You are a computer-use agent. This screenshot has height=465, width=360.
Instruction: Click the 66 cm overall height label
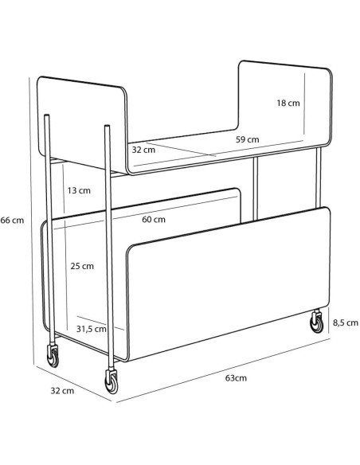coord(12,221)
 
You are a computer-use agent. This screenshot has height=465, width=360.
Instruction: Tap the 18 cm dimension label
coord(288,104)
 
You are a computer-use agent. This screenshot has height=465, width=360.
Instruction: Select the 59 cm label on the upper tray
coord(248,139)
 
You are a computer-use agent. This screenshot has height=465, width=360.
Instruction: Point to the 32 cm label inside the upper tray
coord(143,150)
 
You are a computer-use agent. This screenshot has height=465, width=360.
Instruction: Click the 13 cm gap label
coord(79,190)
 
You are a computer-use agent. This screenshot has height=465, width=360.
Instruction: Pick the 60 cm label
coord(154,220)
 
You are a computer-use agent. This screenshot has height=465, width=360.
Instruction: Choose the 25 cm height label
coord(82,266)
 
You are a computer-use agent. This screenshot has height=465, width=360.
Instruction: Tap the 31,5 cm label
coord(92,329)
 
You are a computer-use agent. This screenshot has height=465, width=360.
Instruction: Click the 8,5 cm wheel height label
coord(346,322)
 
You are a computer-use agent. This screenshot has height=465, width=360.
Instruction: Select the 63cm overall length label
coord(236,378)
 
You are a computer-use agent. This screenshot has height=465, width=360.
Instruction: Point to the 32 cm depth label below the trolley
coord(62,391)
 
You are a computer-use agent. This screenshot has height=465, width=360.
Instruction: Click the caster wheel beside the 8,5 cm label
coord(316,322)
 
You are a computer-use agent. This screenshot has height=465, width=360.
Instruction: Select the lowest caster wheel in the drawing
coord(112,382)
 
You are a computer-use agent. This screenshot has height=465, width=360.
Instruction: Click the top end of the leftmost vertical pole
coord(46,115)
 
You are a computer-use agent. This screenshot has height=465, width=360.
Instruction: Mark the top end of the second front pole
coord(108,126)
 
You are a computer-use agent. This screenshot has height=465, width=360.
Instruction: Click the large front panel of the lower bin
coord(229,285)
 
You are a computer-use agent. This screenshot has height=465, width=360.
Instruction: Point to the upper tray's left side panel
coord(81,124)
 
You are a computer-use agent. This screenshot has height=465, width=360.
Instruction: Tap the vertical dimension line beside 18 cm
coord(304,104)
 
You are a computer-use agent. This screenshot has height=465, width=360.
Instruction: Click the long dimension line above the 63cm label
coord(223,371)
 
